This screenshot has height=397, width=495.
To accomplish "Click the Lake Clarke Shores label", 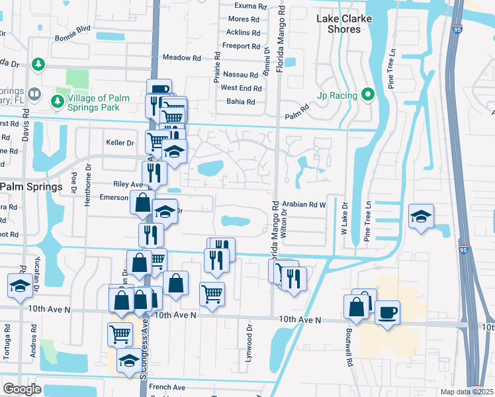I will point(343,24).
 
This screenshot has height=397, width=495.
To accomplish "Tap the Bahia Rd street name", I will point(241,102).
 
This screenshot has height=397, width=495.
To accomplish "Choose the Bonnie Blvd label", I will point(73,29).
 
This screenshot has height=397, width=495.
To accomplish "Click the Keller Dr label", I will point(120,142).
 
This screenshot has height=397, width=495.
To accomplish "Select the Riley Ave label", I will point(128,185).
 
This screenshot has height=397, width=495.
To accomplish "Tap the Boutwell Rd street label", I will point(347,338).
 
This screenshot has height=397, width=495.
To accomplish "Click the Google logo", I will point(22,388).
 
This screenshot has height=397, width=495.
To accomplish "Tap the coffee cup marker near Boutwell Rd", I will point(387,312).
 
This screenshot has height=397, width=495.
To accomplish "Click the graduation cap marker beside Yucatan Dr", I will point(20,285).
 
